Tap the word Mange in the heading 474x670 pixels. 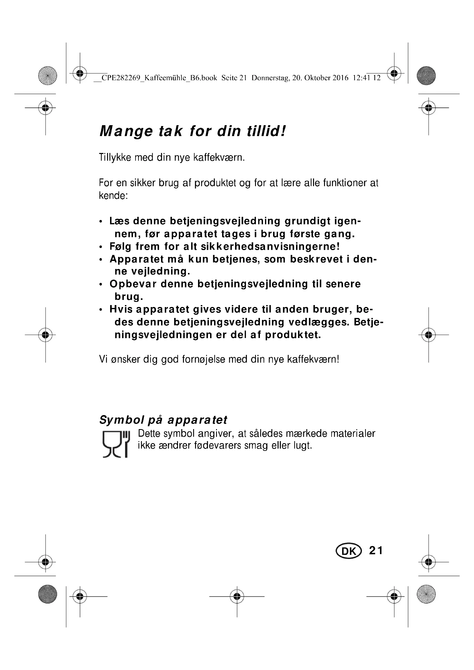(x=126, y=131)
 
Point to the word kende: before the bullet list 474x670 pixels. (x=113, y=196)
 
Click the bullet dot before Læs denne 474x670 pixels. (x=101, y=222)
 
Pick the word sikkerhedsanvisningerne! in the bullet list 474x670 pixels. (x=270, y=247)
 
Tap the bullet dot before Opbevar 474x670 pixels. (x=101, y=284)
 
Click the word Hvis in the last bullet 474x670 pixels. (x=121, y=309)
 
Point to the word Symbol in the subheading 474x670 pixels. (x=122, y=420)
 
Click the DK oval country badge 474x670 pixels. (x=348, y=551)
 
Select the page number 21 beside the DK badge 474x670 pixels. (x=376, y=551)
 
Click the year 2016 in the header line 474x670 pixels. (x=340, y=78)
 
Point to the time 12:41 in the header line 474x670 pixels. (x=361, y=78)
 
